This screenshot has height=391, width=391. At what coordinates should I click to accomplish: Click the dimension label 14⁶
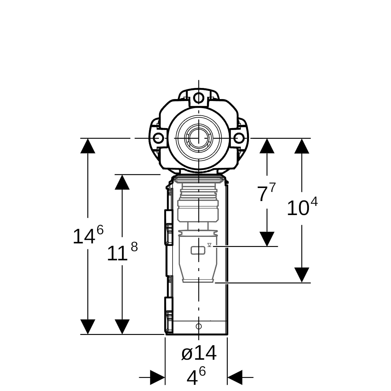pos(88,234)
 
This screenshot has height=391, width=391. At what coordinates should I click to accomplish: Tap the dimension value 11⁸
pos(123,251)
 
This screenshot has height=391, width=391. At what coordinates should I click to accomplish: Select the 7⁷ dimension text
pos(267,192)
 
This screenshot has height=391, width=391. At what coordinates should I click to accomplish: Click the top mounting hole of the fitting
pos(199,98)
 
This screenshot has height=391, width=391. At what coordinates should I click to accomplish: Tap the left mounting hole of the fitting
pos(158,138)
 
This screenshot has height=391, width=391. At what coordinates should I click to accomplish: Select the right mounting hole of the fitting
pos(239,138)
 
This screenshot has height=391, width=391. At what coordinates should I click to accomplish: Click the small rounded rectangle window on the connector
pos(198,250)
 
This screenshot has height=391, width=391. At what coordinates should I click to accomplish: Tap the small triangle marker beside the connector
pos(210,245)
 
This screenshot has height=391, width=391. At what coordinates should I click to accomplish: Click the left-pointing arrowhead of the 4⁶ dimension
pos(235,377)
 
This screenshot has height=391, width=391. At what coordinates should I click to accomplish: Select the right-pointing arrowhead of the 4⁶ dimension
pos(157,377)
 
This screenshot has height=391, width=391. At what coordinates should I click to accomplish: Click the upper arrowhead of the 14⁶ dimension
pos(88,146)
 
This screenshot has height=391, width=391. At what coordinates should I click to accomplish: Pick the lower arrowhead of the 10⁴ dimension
pos(302,275)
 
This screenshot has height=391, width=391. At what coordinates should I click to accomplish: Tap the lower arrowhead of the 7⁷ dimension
pos(267,239)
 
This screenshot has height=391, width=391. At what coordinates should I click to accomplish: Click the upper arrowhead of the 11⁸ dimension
pos(122,182)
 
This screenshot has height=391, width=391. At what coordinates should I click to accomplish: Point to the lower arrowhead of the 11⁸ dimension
pos(122,327)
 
